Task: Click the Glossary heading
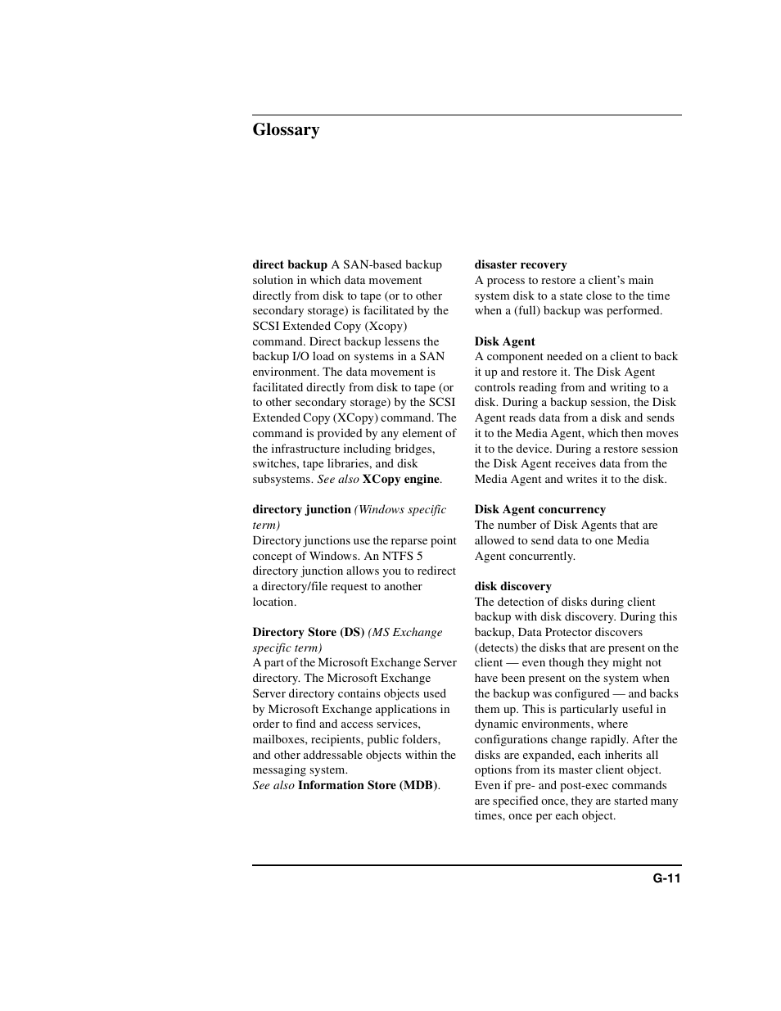286,130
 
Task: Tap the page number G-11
666,878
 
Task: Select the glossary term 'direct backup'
290,265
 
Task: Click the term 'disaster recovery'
521,265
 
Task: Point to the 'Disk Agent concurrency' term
540,510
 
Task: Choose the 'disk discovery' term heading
513,587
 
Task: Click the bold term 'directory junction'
301,510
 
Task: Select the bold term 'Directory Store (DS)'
308,633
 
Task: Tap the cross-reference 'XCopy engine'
401,480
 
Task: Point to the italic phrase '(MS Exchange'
405,633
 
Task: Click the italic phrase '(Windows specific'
400,510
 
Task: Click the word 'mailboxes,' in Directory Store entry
280,740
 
